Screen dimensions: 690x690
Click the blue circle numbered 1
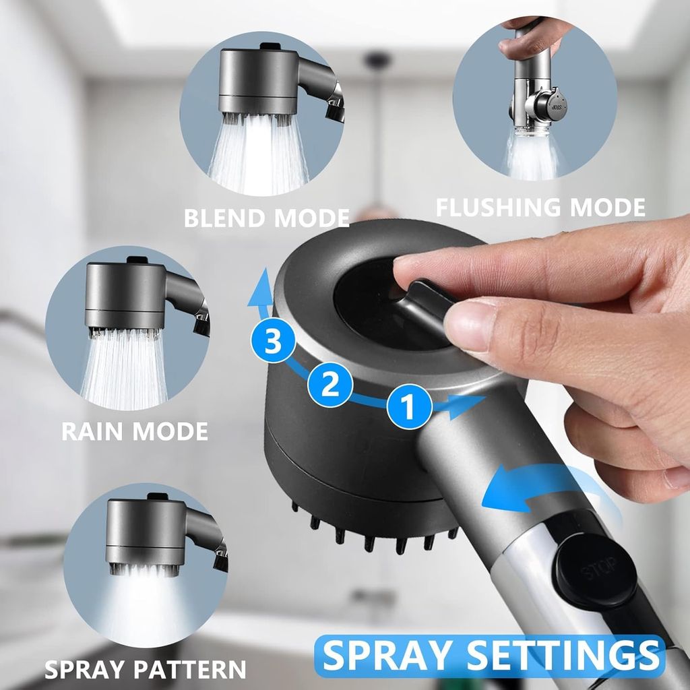coord(409,406)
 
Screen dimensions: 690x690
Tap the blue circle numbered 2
coord(330,384)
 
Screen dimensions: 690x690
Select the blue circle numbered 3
coord(274,340)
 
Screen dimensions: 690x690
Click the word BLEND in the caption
coord(225,218)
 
